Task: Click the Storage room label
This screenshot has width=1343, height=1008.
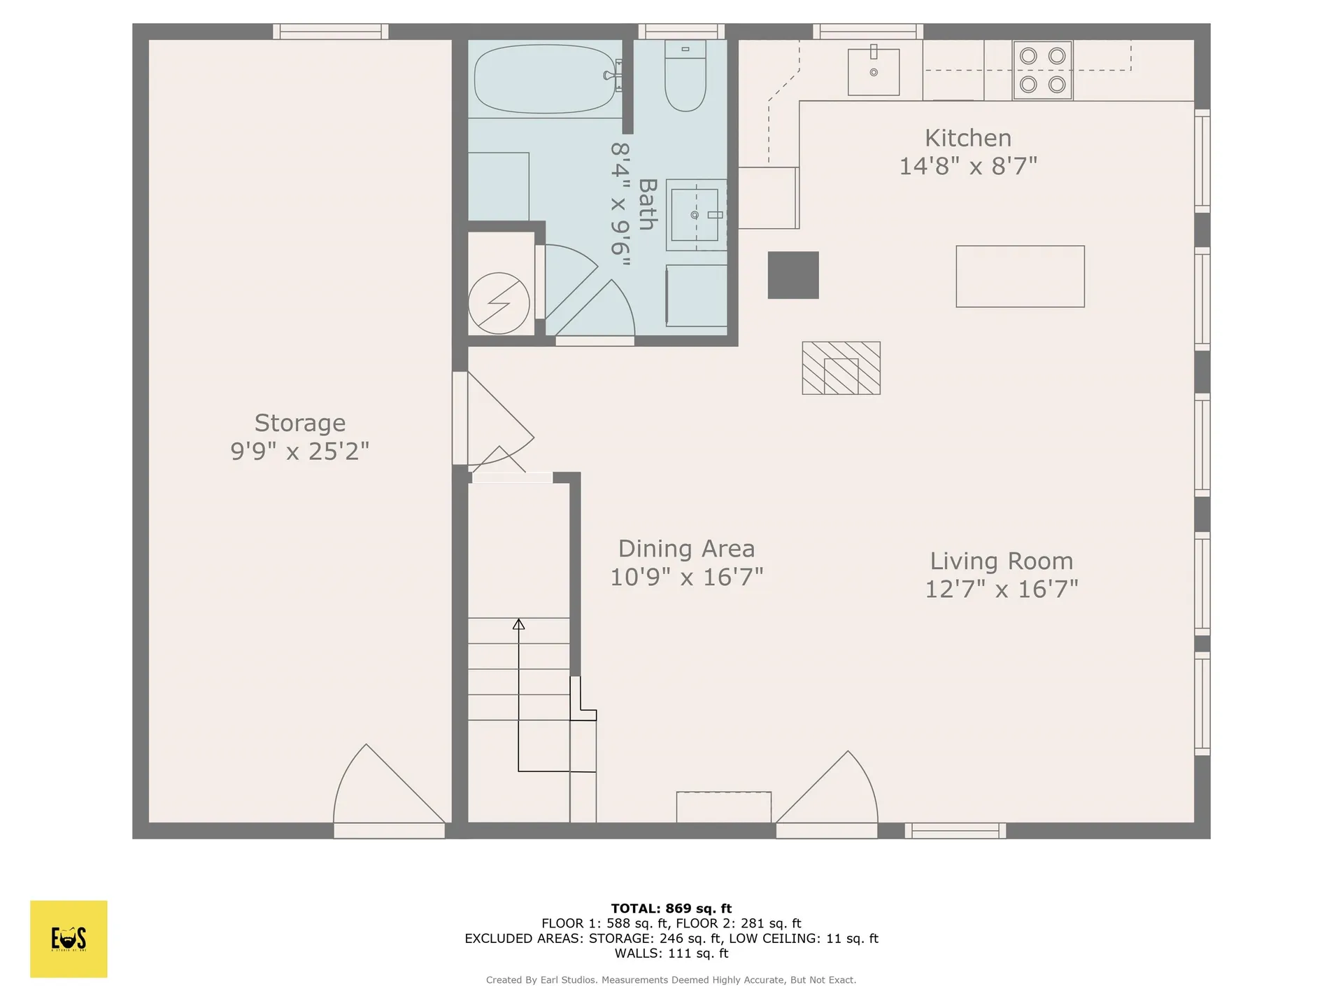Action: (299, 423)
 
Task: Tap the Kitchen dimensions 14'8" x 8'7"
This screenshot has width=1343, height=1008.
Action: (967, 167)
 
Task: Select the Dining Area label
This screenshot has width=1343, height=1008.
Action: (686, 549)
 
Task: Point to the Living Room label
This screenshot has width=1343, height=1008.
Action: (1001, 561)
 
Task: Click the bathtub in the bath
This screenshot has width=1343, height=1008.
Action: (544, 78)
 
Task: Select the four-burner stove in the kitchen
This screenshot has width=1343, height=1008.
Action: (1042, 70)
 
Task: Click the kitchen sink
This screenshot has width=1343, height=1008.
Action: (873, 72)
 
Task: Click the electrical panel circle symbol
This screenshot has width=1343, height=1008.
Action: (499, 303)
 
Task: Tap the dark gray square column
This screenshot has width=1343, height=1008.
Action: (793, 275)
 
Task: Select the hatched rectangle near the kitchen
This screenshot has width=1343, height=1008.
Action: (841, 368)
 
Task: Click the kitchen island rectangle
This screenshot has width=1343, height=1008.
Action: (1020, 276)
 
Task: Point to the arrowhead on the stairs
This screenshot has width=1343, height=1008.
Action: (518, 624)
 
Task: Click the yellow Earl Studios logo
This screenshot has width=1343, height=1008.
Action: (69, 939)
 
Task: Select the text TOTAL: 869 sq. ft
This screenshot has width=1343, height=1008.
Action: (671, 909)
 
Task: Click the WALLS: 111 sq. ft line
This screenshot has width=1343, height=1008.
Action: (671, 953)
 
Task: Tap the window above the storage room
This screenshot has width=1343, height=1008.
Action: (330, 31)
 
